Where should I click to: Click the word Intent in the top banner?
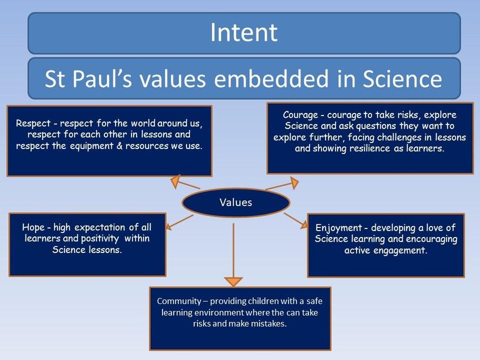click(244, 32)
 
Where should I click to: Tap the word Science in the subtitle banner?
click(402, 79)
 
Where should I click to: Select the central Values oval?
click(235, 202)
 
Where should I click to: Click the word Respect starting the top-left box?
click(33, 124)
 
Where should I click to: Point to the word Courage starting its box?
click(300, 115)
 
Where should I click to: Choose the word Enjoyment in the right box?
click(339, 228)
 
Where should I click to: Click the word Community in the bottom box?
click(179, 301)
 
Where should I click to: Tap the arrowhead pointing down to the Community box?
click(233, 281)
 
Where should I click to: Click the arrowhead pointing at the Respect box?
click(175, 181)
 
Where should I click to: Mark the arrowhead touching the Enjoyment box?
click(304, 225)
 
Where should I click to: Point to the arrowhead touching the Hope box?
click(168, 226)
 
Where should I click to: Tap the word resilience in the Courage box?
click(370, 149)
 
